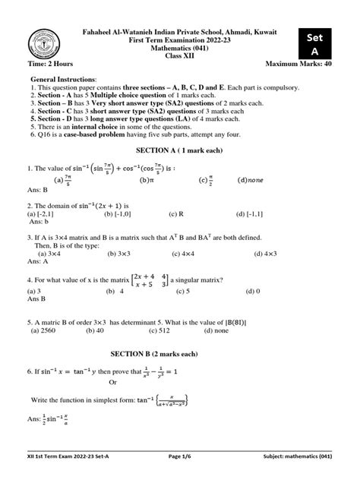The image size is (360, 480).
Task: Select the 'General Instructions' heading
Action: click(x=64, y=80)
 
